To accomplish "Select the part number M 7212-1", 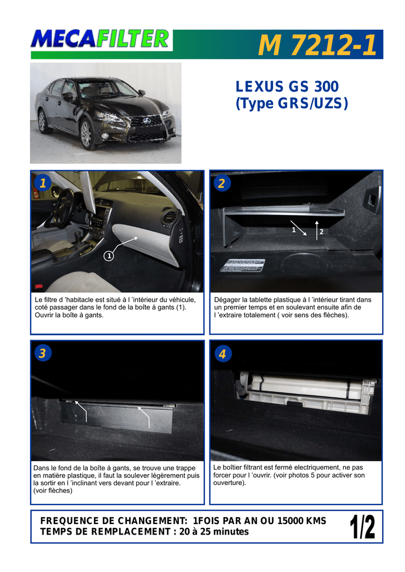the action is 317,45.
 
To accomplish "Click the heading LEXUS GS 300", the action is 287,87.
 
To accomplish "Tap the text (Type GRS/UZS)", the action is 292,103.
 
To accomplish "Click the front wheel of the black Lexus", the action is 87,134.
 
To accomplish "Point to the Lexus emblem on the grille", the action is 147,121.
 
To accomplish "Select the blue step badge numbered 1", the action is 42,183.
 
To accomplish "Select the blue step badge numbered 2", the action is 222,183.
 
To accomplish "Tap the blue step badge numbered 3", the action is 42,353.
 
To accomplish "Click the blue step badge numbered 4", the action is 222,354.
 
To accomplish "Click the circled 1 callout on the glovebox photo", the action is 109,256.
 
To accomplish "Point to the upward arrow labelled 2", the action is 317,230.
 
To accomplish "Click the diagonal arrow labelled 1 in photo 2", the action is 298,228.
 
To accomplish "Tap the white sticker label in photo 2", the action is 242,265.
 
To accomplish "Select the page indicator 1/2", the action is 363,526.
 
